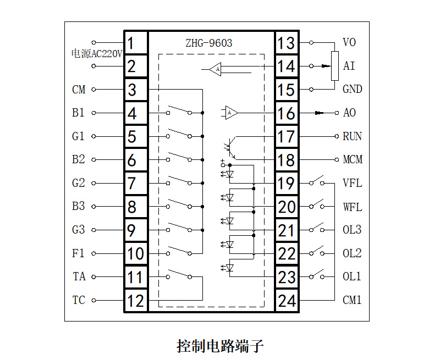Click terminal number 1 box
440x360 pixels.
135,43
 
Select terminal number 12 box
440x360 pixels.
135,301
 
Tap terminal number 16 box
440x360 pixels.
287,113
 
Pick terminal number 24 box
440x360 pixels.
287,301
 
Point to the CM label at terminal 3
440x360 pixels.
79,90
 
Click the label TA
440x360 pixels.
79,276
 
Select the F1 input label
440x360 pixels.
79,253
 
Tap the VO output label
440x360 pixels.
349,42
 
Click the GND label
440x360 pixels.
352,90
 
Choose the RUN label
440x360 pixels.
352,136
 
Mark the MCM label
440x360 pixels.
352,160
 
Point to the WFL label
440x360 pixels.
352,207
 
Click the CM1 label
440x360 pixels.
352,300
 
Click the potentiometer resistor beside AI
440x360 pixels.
334,66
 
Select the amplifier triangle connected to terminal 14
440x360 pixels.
216,69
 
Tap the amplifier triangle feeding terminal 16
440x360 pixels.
232,113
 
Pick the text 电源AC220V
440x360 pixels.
97,54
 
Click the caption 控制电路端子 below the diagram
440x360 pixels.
220,346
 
